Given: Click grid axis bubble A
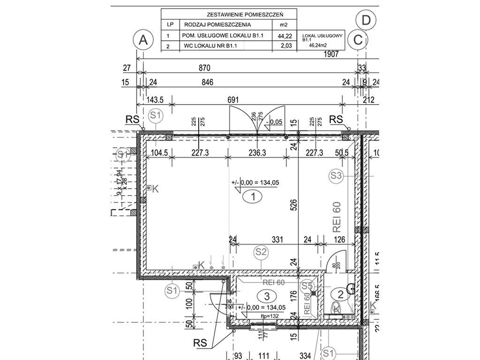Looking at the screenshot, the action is [143, 40].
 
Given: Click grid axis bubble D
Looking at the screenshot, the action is [366, 20].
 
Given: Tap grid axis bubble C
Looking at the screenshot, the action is [358, 40].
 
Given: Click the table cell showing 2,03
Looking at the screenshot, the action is [285, 45].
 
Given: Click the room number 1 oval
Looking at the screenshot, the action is [253, 197].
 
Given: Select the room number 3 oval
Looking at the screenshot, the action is [267, 296].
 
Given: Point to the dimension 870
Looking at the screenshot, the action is [205, 68].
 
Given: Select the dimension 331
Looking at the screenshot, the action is [278, 240].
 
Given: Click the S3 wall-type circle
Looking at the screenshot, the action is [336, 176].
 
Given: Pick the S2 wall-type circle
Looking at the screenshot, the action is [262, 252].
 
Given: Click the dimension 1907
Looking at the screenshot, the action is [331, 54].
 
